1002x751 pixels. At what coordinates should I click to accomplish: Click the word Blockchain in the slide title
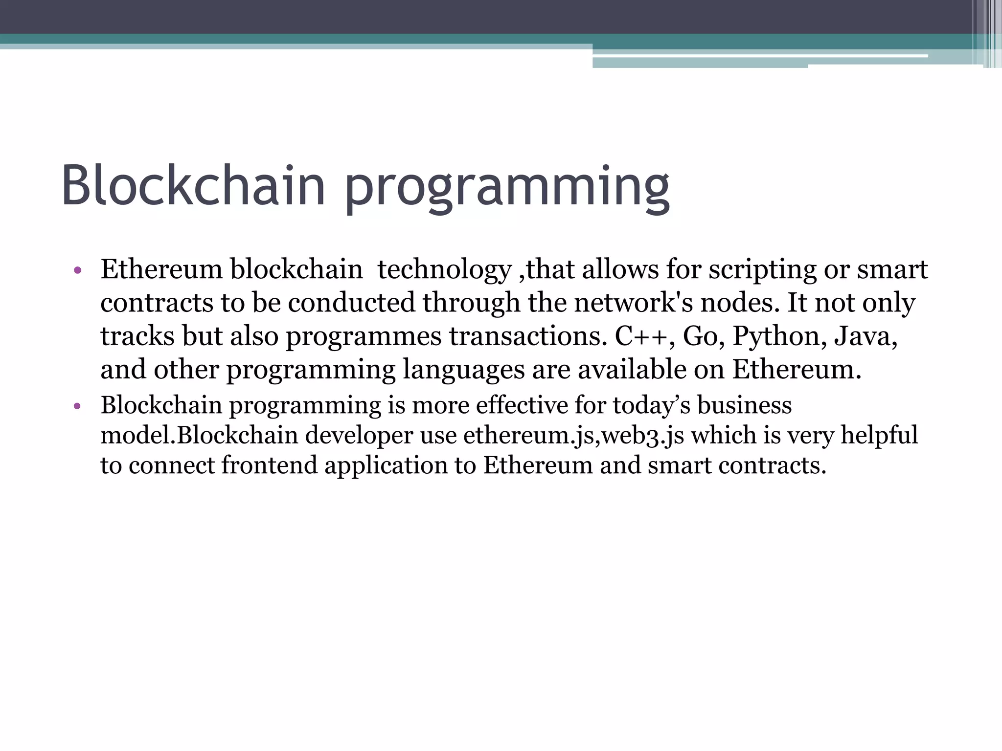click(193, 186)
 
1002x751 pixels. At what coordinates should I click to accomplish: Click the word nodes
click(739, 303)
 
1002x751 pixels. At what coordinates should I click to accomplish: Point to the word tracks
click(137, 336)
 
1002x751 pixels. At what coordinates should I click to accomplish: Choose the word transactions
click(528, 336)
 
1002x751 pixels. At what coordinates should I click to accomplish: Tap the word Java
click(865, 336)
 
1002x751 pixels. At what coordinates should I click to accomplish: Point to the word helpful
click(879, 435)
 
